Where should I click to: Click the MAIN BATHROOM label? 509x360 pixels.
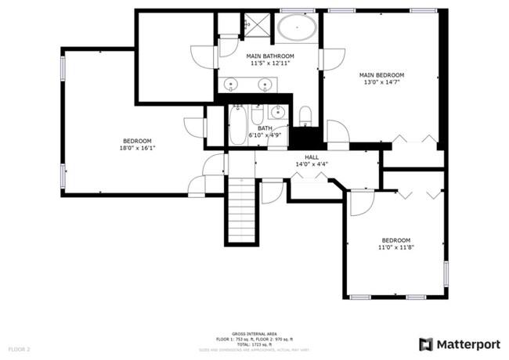click(x=270, y=56)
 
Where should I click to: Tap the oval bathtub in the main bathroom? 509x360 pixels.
click(x=297, y=30)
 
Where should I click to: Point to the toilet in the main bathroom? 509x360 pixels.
click(x=306, y=117)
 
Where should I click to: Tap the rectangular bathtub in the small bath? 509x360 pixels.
click(x=237, y=125)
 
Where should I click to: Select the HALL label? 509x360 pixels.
click(x=312, y=157)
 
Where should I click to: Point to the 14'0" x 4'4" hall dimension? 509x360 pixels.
click(x=312, y=164)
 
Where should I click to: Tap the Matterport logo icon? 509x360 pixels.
click(x=425, y=344)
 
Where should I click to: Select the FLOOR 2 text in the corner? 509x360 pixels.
click(x=19, y=348)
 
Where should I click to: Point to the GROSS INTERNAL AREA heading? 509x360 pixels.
click(x=254, y=333)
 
